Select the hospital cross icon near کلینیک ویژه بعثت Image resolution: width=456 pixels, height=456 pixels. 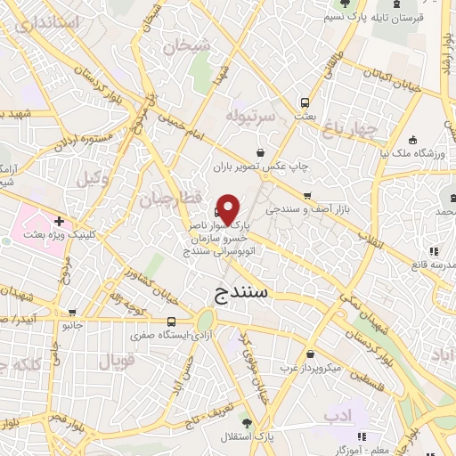[59, 221]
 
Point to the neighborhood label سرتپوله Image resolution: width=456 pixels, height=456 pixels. [246, 116]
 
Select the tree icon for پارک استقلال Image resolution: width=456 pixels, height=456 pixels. [260, 423]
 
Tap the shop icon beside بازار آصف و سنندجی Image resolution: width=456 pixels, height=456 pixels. [306, 196]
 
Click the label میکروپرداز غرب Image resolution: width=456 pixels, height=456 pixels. [313, 366]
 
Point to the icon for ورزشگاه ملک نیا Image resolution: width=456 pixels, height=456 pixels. [412, 139]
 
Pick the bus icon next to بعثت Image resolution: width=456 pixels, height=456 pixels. [305, 102]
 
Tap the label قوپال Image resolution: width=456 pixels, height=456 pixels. [115, 362]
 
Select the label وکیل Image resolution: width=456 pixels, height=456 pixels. [92, 178]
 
